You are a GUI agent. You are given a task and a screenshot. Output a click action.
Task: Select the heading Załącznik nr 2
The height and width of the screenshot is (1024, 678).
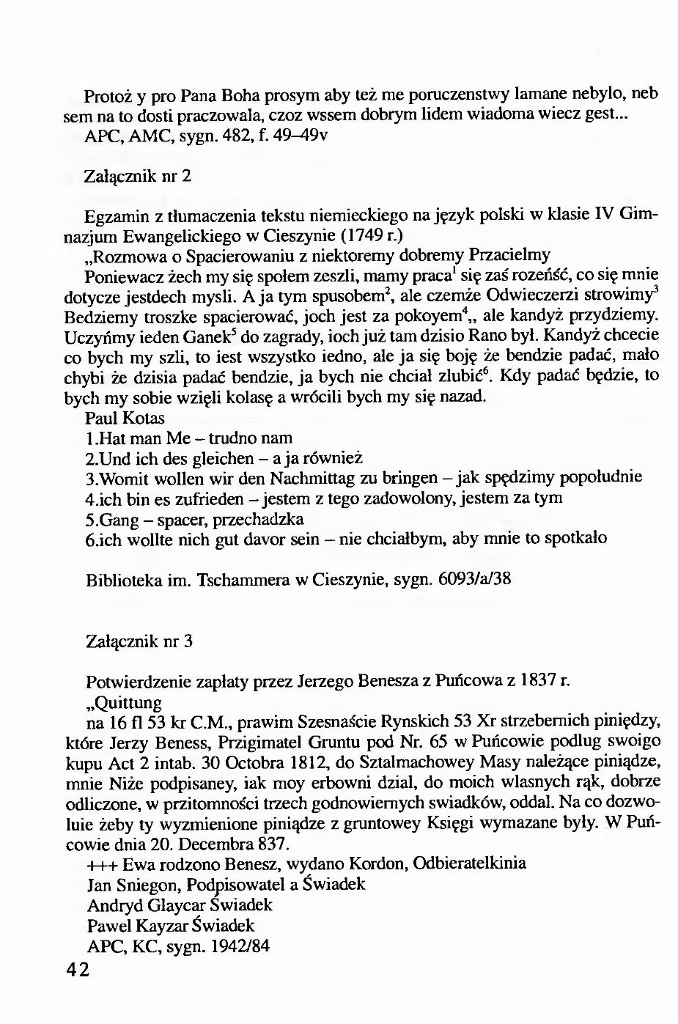(139, 177)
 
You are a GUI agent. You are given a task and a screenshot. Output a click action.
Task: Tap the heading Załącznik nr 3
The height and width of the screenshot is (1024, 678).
(139, 641)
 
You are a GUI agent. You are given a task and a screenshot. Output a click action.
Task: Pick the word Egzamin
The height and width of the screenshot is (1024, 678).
(114, 216)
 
